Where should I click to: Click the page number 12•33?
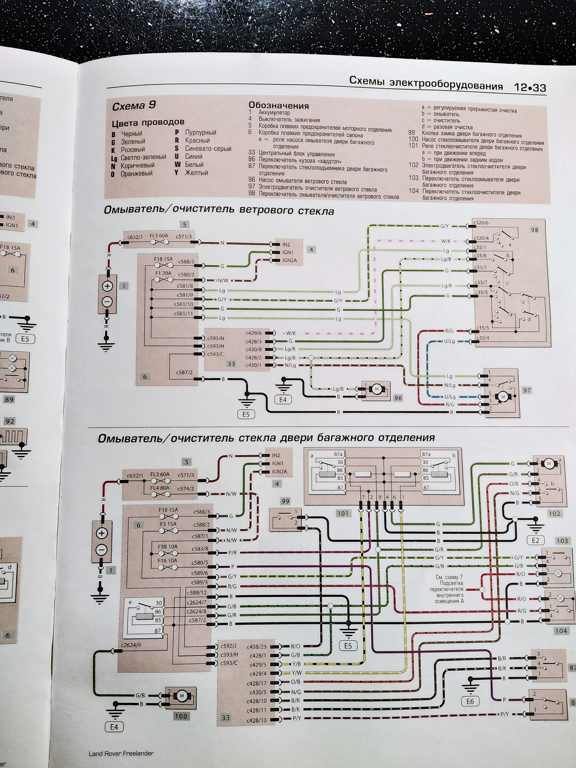pyautogui.click(x=530, y=87)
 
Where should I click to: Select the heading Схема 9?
pyautogui.click(x=134, y=106)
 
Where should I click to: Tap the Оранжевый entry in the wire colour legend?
pyautogui.click(x=136, y=174)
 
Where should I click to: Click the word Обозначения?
pyautogui.click(x=278, y=106)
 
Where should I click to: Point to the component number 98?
pyautogui.click(x=534, y=230)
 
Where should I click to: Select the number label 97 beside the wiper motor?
pyautogui.click(x=527, y=390)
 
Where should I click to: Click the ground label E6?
pyautogui.click(x=470, y=701)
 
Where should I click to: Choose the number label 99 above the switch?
pyautogui.click(x=285, y=501)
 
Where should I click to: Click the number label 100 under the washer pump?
pyautogui.click(x=181, y=716)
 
